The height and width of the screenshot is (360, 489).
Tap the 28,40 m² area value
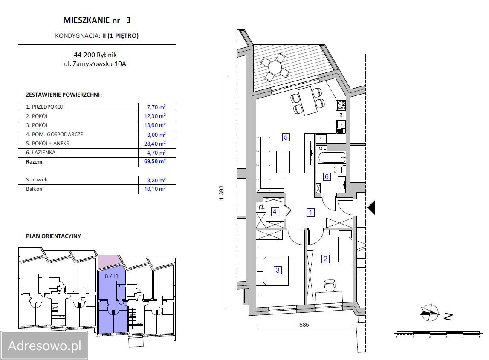(x=154, y=144)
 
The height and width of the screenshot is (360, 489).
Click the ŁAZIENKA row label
(x=41, y=153)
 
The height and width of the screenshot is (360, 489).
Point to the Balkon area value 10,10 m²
(x=154, y=189)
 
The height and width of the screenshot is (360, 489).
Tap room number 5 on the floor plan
(x=286, y=137)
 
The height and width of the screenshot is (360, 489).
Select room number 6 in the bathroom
(x=327, y=176)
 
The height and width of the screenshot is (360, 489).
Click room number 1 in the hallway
(x=311, y=212)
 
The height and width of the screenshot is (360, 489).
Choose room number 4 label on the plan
(x=275, y=211)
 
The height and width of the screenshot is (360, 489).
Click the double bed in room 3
(x=273, y=270)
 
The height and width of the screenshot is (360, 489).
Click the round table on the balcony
(x=275, y=67)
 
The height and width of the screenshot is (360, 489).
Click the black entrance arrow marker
(x=371, y=207)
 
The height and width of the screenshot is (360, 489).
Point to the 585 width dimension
(x=304, y=325)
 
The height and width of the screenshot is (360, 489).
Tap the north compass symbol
(x=430, y=313)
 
